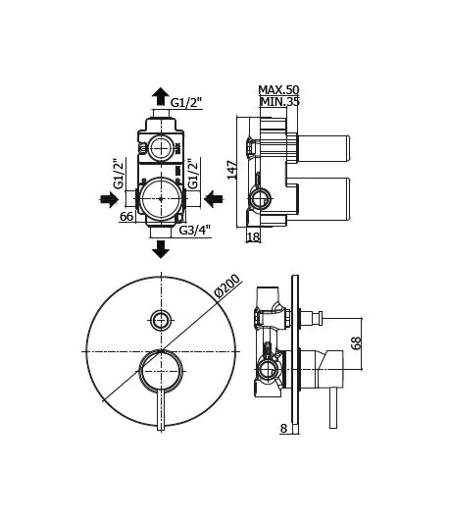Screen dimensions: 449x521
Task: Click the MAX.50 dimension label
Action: pos(278,89)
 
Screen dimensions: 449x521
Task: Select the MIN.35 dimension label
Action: pos(280,101)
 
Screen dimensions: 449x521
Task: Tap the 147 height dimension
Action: pos(232,170)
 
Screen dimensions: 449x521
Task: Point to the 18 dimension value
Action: pos(254,237)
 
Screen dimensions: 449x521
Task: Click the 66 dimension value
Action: pos(126,217)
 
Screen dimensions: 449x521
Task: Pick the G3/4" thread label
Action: pos(195,230)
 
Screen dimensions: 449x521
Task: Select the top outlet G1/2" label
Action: pos(186,102)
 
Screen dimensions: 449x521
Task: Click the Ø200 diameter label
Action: pos(227,286)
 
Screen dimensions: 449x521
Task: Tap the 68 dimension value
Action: pos(356,342)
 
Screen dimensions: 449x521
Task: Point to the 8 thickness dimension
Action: pos(283,429)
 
